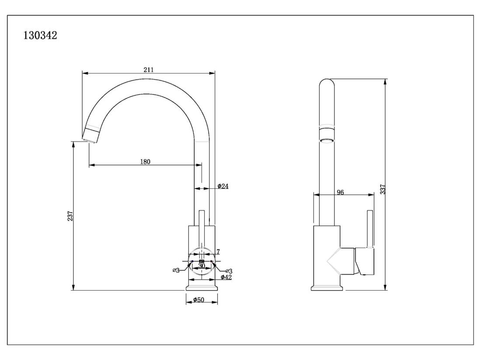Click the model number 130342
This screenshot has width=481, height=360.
tap(40, 35)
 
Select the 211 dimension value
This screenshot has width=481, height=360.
tap(149, 69)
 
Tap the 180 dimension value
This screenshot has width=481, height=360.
tap(145, 162)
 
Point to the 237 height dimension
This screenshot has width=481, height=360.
tap(70, 216)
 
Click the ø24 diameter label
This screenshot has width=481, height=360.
tap(223, 186)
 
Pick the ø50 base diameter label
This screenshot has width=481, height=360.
tap(199, 300)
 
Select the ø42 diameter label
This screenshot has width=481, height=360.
tap(227, 277)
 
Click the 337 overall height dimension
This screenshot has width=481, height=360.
tap(383, 189)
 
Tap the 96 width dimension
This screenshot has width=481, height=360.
tap(340, 192)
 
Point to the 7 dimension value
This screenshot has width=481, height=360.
tap(218, 252)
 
